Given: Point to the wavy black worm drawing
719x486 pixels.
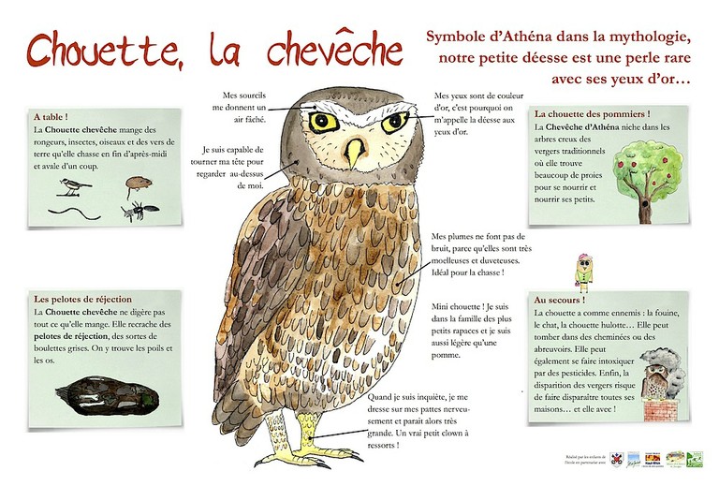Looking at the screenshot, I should [76, 212].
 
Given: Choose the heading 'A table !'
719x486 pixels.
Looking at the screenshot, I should [54, 117].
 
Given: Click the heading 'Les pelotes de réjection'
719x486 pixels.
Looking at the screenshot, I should [82, 299].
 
